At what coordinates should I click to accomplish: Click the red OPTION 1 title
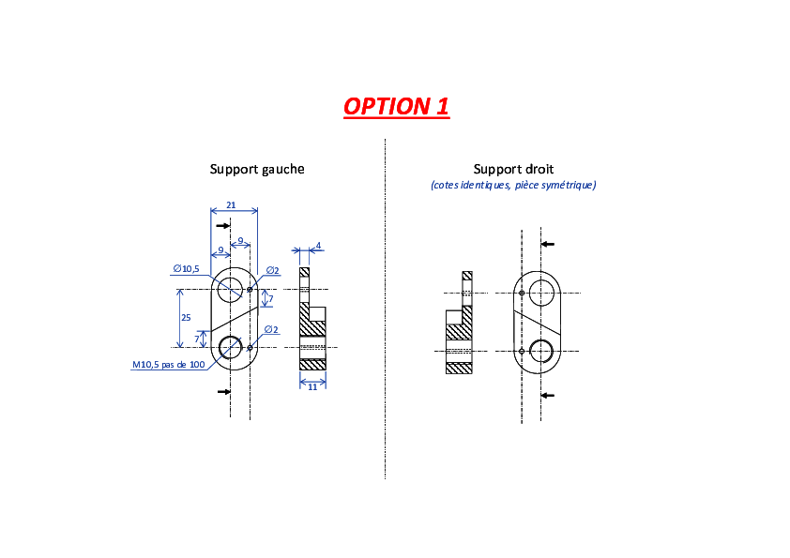(x=396, y=106)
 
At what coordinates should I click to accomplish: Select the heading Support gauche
(x=257, y=169)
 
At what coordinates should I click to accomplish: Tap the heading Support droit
(x=513, y=169)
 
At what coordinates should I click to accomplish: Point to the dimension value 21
(x=231, y=205)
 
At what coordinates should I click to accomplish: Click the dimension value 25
(x=186, y=318)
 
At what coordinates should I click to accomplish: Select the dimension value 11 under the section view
(x=312, y=387)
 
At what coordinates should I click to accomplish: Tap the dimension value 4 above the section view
(x=318, y=246)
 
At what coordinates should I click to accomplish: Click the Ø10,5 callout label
(x=187, y=269)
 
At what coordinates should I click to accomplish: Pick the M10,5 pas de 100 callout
(x=169, y=365)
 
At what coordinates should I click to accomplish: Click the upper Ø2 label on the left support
(x=273, y=270)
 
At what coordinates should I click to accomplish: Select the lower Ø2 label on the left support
(x=271, y=330)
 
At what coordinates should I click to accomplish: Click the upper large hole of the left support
(x=230, y=290)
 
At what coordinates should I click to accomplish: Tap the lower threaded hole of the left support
(x=231, y=348)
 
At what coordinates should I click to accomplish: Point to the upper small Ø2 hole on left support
(x=250, y=290)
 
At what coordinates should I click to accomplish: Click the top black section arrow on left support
(x=222, y=226)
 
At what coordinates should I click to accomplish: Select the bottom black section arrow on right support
(x=548, y=396)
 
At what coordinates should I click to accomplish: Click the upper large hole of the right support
(x=541, y=294)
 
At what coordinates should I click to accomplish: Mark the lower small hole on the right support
(x=522, y=351)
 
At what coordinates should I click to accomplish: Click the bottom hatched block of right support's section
(x=459, y=369)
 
